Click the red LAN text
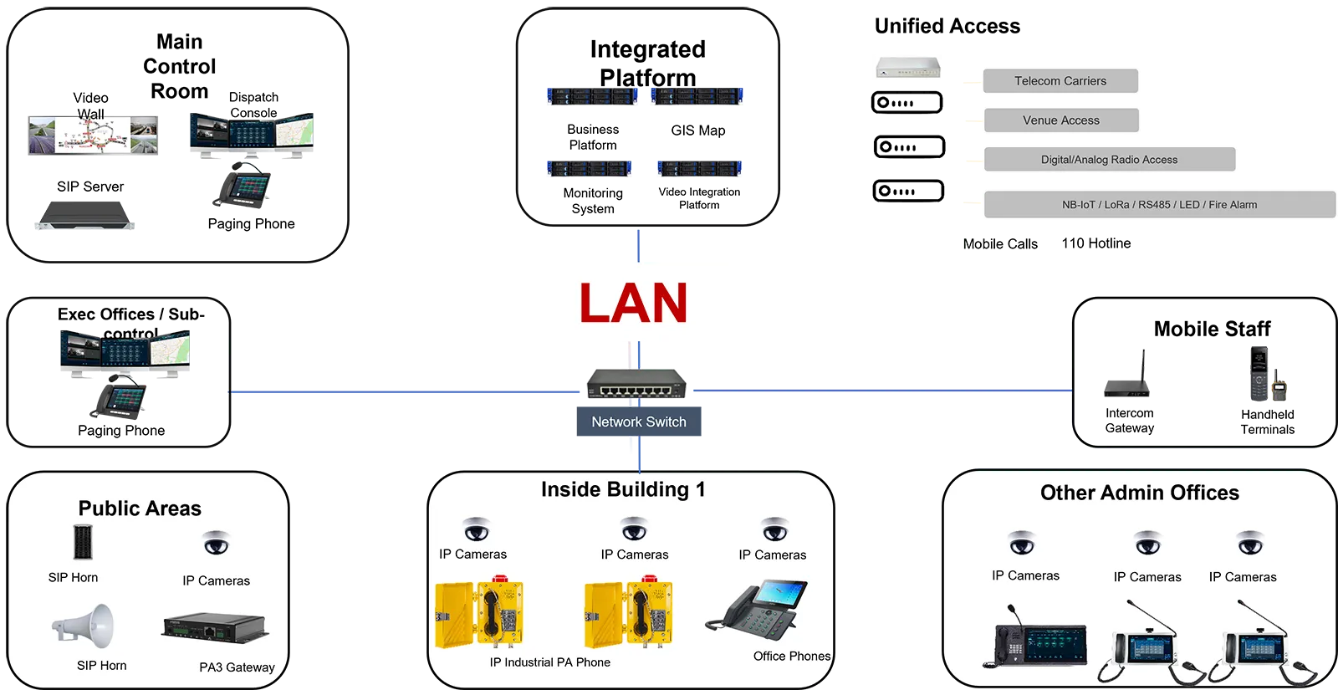click(633, 303)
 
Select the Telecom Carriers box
click(1060, 81)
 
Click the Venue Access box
click(1061, 120)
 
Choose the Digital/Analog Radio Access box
click(1109, 160)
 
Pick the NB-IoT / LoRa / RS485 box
click(1159, 205)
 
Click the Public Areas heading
click(140, 509)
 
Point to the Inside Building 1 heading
click(623, 489)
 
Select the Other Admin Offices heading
click(1139, 493)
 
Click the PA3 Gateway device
click(214, 626)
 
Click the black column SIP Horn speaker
click(82, 542)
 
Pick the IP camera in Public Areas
click(216, 544)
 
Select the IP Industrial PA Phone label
click(549, 662)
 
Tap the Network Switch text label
click(639, 422)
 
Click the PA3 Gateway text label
click(237, 667)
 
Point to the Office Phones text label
click(791, 657)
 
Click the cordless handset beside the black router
click(1259, 371)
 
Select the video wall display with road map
click(92, 135)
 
